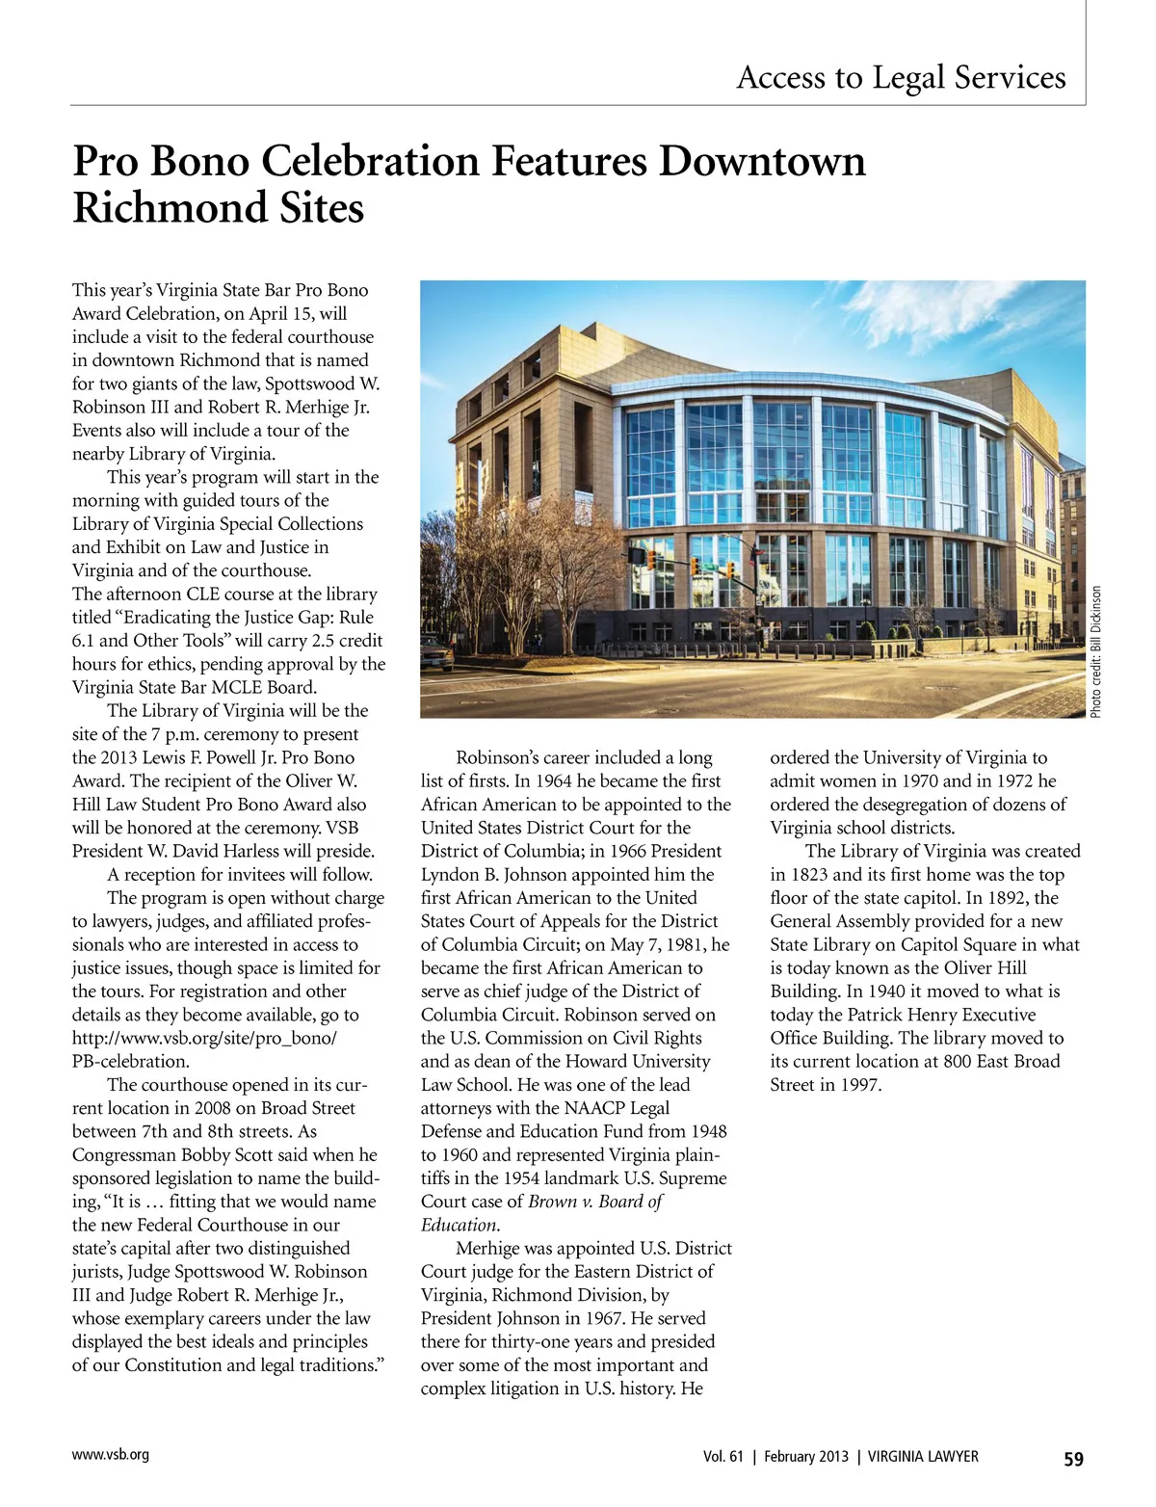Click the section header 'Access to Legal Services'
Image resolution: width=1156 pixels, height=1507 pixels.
coord(901,77)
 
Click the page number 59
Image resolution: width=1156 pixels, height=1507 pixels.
coord(1073,1459)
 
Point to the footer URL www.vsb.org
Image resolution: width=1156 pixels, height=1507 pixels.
coord(111,1455)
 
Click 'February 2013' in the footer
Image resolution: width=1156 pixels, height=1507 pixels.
coord(806,1457)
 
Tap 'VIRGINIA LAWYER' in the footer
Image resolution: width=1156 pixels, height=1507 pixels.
coord(923,1457)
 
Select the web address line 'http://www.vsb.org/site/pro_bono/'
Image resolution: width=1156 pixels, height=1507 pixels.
coord(204,1038)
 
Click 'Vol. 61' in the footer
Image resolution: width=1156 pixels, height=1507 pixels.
coord(723,1457)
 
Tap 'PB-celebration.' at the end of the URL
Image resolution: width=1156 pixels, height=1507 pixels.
coord(130,1062)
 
